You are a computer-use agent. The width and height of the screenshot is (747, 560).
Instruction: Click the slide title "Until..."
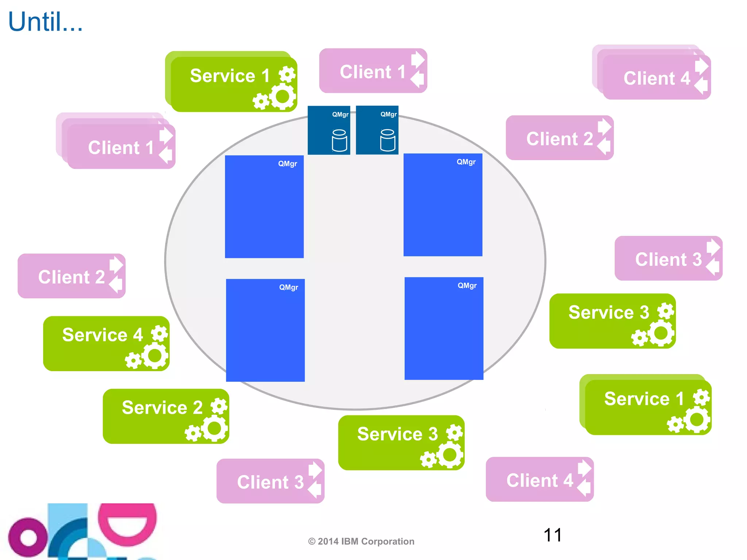(45, 22)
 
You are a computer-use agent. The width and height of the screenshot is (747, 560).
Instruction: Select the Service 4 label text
(102, 335)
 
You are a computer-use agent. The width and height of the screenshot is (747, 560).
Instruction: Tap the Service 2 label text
(162, 407)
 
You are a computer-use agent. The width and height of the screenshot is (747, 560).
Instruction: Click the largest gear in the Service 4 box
(155, 356)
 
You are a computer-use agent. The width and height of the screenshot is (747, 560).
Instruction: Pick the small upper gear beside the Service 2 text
(219, 406)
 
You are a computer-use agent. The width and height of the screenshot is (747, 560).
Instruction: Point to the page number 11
(552, 535)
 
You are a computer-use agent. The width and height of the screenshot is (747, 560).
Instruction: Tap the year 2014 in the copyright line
(328, 541)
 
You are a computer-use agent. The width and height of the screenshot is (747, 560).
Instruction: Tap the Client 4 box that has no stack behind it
(539, 479)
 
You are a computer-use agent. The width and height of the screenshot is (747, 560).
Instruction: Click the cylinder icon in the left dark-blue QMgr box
(339, 140)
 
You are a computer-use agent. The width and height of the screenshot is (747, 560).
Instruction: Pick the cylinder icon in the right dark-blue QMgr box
(387, 140)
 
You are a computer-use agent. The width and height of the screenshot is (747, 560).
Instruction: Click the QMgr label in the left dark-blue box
(340, 114)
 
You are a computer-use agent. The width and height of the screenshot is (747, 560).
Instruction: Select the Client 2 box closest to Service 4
(71, 276)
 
